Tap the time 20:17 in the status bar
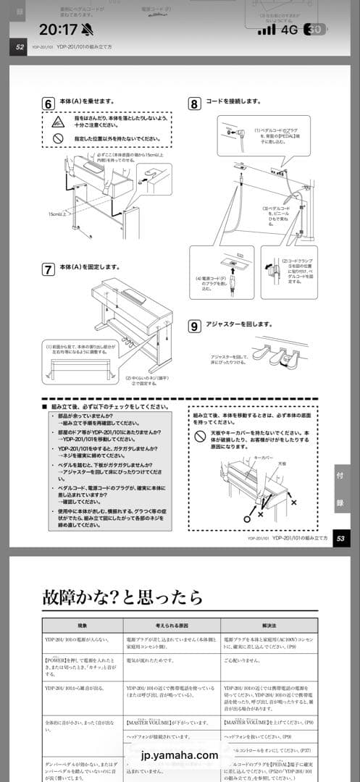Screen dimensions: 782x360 57,30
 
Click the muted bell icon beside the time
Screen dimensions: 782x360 88,30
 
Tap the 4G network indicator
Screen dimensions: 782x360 291,30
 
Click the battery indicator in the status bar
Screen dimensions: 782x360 314,30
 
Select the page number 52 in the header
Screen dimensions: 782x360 18,49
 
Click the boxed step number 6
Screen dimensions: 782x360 49,104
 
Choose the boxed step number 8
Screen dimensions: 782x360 194,104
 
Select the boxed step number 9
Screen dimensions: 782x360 194,326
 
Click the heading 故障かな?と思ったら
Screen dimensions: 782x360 122,597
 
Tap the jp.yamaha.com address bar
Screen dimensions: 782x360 180,755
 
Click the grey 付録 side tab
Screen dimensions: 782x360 341,489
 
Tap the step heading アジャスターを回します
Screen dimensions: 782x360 240,326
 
